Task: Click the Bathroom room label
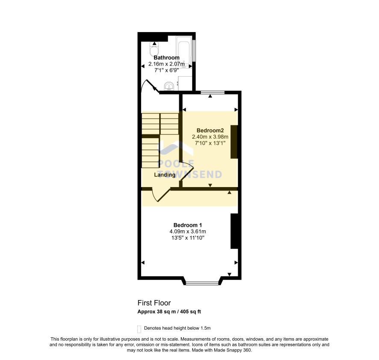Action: (x=166, y=58)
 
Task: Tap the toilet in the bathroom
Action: (x=154, y=49)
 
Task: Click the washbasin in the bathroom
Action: (x=169, y=86)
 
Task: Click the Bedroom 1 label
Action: (x=187, y=225)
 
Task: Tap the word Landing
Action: (x=165, y=175)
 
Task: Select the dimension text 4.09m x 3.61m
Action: (x=188, y=232)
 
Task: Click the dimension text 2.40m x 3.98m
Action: (x=210, y=137)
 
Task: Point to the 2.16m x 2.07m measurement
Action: (x=166, y=64)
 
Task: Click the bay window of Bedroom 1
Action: (x=202, y=283)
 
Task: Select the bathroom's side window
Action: (x=194, y=51)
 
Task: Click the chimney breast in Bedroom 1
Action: (x=234, y=231)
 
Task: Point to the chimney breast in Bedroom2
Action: (x=234, y=142)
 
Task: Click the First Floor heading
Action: (x=154, y=303)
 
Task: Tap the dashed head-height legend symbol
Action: (x=139, y=329)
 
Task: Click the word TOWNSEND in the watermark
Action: (x=190, y=174)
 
